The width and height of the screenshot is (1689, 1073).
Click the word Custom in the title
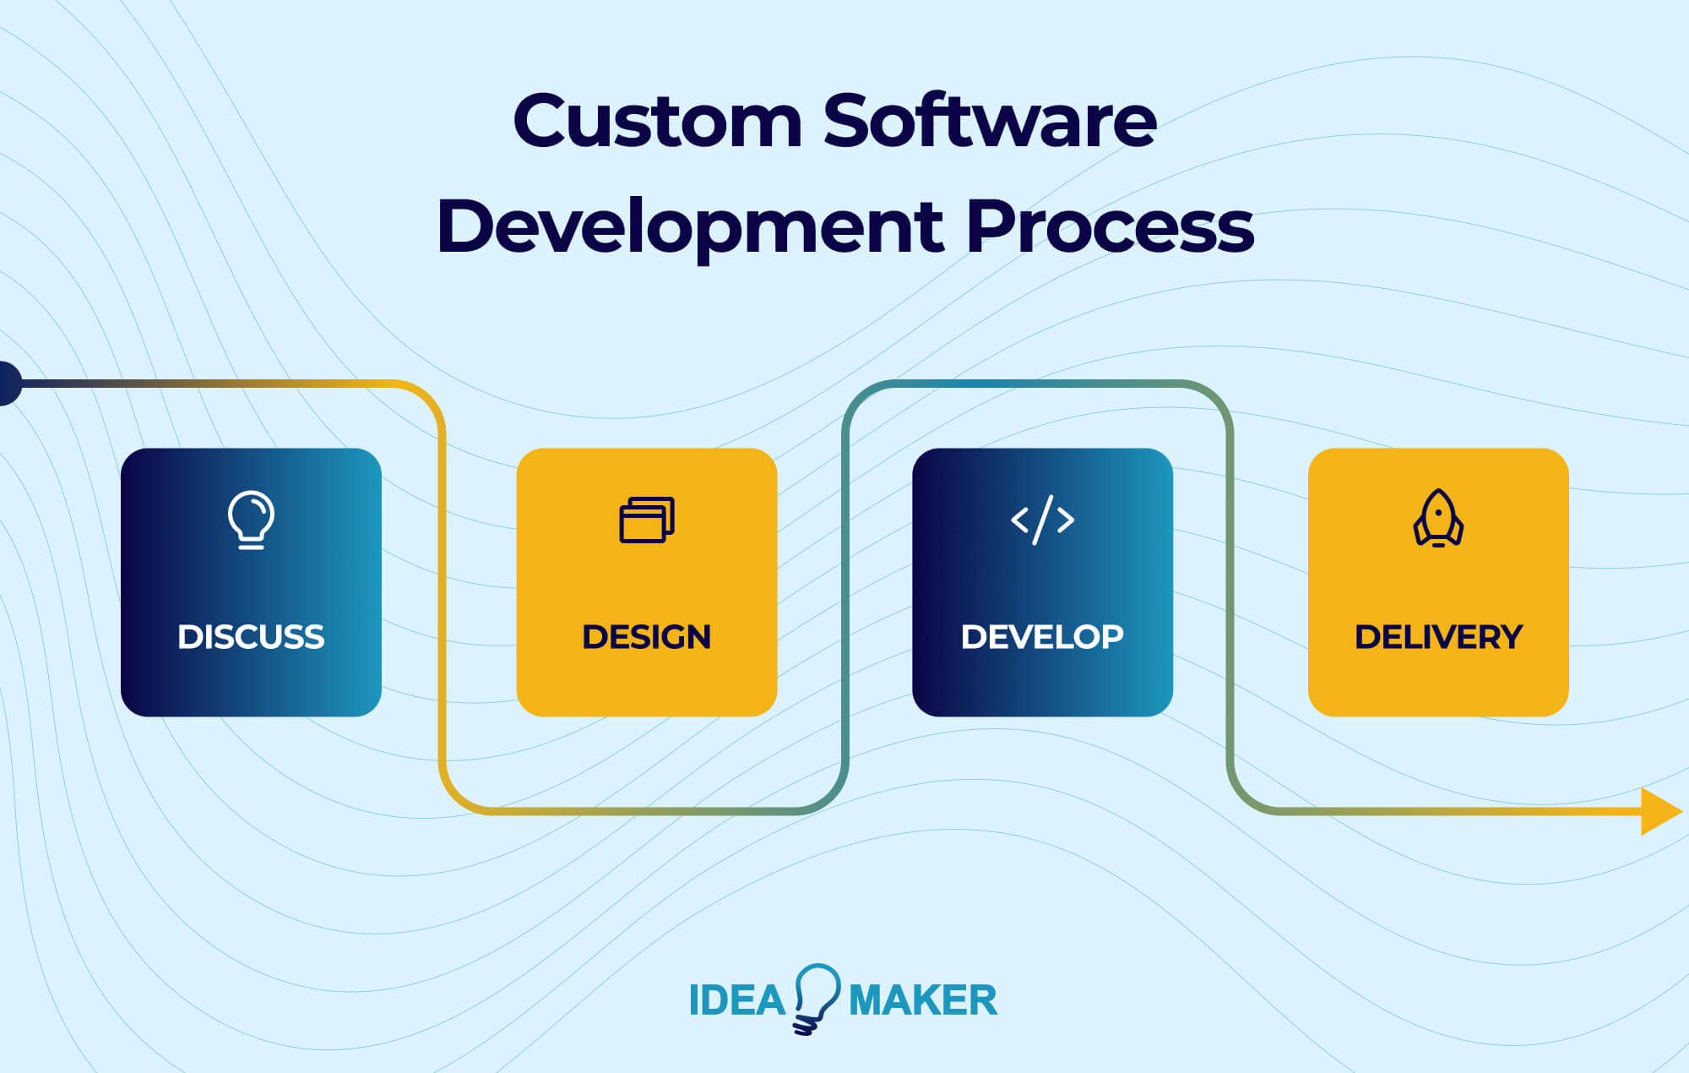[657, 122]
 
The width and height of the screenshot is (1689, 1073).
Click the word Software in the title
[989, 122]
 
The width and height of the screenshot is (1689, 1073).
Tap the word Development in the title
[689, 226]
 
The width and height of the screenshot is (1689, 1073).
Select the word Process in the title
[1109, 226]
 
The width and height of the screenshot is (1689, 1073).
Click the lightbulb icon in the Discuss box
[251, 519]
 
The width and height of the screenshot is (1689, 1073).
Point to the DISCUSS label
[251, 637]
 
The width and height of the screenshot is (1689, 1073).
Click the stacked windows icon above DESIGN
[647, 519]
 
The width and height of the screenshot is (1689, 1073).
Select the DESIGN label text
[647, 637]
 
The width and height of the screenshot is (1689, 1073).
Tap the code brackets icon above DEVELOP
[1042, 519]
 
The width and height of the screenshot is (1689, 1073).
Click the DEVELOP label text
[1042, 637]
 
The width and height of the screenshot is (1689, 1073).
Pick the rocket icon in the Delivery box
[1438, 518]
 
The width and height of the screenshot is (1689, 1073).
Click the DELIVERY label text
[1438, 637]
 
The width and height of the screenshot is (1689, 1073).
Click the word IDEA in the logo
[736, 1000]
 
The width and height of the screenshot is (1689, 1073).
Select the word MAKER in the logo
[922, 1000]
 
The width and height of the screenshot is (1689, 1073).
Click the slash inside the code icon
[1043, 519]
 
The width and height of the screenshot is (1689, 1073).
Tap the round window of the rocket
[1438, 512]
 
